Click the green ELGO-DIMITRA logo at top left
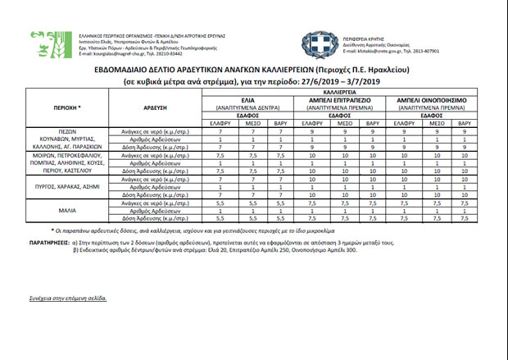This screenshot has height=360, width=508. pyautogui.click(x=43, y=44)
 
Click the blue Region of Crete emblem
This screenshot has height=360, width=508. pyautogui.click(x=319, y=45)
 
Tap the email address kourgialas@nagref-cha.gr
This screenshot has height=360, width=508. pyautogui.click(x=123, y=56)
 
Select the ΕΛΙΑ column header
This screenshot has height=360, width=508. pyautogui.click(x=250, y=100)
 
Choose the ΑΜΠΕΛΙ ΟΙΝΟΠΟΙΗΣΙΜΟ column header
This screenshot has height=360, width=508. pyautogui.click(x=432, y=100)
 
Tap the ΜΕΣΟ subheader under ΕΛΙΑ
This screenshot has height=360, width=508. pyautogui.click(x=250, y=122)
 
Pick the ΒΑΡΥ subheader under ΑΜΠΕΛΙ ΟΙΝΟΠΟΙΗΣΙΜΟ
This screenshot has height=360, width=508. pyautogui.click(x=463, y=122)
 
